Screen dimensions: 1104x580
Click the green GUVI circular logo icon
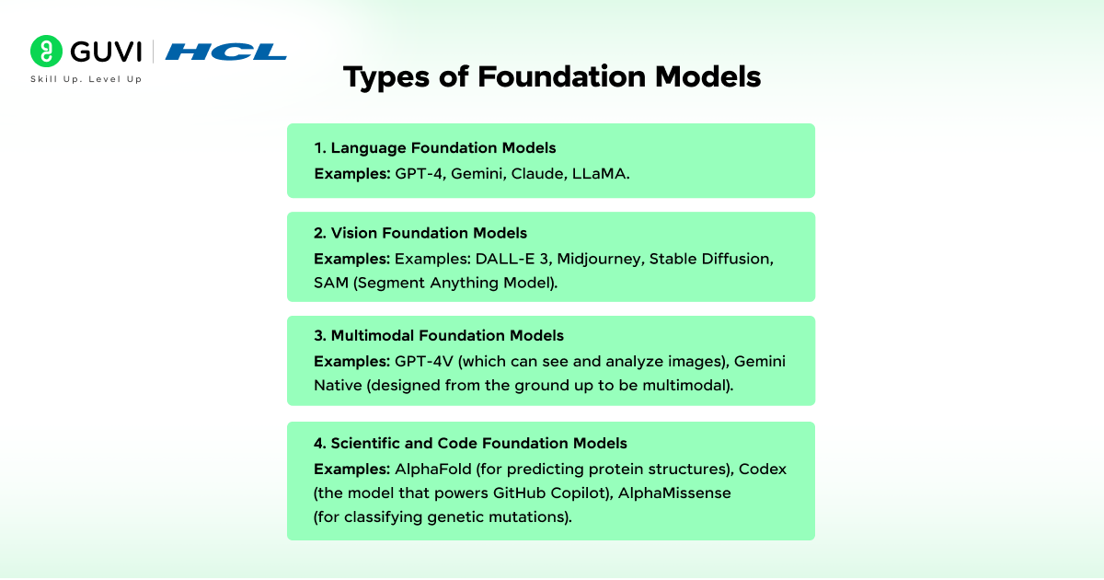pyautogui.click(x=46, y=51)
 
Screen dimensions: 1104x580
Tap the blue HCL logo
pyautogui.click(x=225, y=52)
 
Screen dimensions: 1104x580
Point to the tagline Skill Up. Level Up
pyautogui.click(x=86, y=79)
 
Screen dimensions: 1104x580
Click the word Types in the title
pyautogui.click(x=386, y=77)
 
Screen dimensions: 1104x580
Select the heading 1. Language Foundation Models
pyautogui.click(x=434, y=148)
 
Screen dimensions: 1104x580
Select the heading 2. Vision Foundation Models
pyautogui.click(x=420, y=233)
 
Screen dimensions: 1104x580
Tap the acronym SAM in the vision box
pyautogui.click(x=331, y=284)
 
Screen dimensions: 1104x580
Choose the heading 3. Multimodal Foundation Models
pyautogui.click(x=439, y=335)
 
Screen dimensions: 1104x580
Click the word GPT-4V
pyautogui.click(x=424, y=362)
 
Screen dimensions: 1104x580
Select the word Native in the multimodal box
pyautogui.click(x=339, y=385)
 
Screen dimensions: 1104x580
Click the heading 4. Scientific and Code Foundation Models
pyautogui.click(x=470, y=443)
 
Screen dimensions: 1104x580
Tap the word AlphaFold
pyautogui.click(x=433, y=469)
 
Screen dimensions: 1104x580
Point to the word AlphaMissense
pyautogui.click(x=674, y=493)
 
